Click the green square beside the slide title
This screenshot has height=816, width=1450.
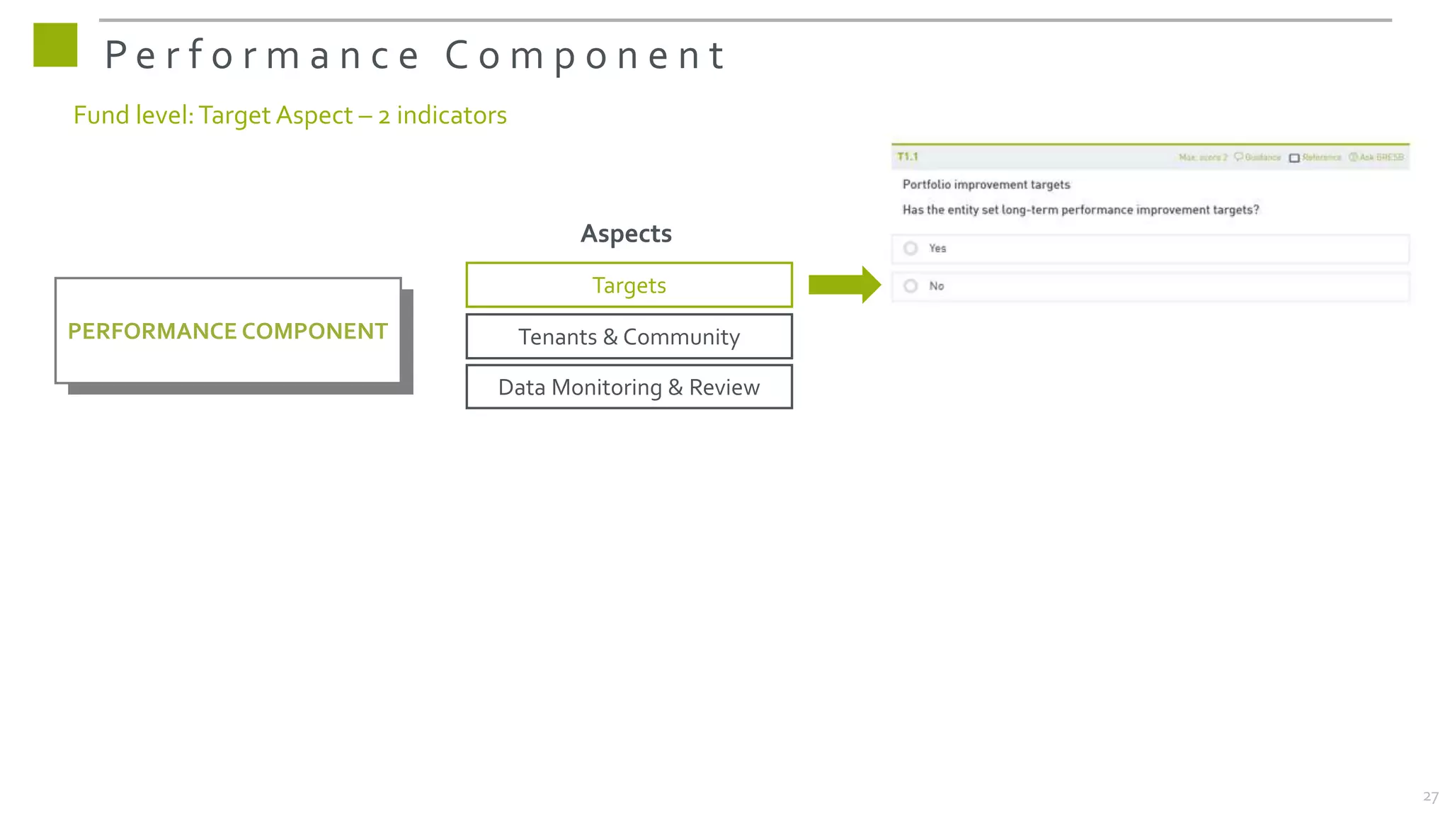55,45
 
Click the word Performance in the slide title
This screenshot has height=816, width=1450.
262,55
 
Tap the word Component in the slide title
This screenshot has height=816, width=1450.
585,55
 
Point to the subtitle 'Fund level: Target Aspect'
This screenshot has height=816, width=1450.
212,115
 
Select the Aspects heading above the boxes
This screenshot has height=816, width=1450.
626,234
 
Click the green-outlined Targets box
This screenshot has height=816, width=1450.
629,285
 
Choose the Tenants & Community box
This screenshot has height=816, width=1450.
629,337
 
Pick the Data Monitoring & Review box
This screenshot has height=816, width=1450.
629,387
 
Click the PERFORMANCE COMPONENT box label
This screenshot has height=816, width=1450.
227,331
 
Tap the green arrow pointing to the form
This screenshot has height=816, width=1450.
844,285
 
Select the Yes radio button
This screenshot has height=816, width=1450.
911,249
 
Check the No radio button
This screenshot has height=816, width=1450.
911,286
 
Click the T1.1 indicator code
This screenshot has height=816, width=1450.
907,157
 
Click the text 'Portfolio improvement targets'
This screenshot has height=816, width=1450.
986,185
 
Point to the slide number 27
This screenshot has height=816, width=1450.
1430,797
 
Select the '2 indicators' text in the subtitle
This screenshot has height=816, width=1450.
443,115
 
